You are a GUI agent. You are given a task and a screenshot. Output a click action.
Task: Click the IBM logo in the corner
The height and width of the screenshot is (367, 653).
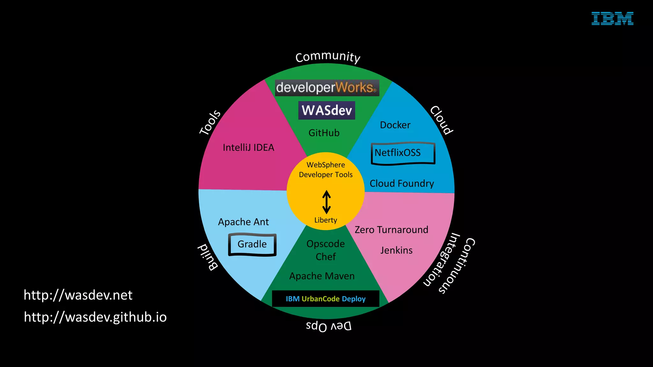(x=612, y=18)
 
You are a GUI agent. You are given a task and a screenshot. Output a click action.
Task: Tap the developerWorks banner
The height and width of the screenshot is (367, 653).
(x=327, y=88)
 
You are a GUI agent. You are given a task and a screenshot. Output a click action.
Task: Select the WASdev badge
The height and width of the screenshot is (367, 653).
(x=326, y=110)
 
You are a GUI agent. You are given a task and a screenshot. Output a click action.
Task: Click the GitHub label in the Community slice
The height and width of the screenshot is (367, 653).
(x=324, y=133)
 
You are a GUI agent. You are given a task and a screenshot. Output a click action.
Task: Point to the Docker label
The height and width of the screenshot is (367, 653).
(x=395, y=125)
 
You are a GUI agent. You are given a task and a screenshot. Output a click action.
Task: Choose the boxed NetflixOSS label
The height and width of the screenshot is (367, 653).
(x=403, y=153)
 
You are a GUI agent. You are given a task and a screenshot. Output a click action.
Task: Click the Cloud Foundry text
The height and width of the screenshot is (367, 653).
(x=402, y=183)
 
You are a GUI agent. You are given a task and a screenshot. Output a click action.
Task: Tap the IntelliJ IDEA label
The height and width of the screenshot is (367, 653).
(x=248, y=148)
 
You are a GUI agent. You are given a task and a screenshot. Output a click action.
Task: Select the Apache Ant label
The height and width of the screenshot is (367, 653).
(x=243, y=222)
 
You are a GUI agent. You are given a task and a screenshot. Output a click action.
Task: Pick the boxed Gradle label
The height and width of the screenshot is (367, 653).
(x=252, y=244)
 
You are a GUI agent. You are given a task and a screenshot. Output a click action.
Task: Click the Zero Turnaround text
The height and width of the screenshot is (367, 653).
(x=391, y=230)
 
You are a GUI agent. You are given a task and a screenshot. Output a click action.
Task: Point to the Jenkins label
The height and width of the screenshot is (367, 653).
(x=396, y=250)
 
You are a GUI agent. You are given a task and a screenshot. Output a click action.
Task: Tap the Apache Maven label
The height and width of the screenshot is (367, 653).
(x=322, y=276)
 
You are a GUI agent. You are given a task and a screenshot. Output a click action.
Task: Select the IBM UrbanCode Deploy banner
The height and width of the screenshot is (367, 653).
(x=326, y=299)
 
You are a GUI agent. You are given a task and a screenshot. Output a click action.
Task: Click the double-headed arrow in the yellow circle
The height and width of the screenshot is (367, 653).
(x=326, y=202)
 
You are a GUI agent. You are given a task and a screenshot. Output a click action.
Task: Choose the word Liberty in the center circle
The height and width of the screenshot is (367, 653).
(x=326, y=220)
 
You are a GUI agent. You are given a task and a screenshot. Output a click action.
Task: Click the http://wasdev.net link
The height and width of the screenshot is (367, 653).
(x=78, y=295)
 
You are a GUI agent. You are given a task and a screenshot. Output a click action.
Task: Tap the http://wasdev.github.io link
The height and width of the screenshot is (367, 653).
(x=95, y=317)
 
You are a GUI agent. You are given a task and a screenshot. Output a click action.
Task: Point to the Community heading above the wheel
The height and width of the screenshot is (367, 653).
(x=328, y=57)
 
